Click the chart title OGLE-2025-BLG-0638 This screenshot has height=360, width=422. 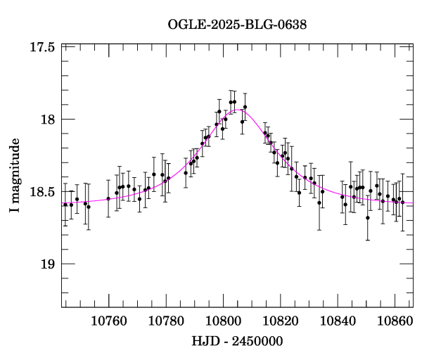(x=237, y=25)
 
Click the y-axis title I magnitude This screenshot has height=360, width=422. (x=15, y=176)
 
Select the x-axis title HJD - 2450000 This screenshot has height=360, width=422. (x=237, y=341)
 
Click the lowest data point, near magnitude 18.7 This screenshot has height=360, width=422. (x=368, y=217)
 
